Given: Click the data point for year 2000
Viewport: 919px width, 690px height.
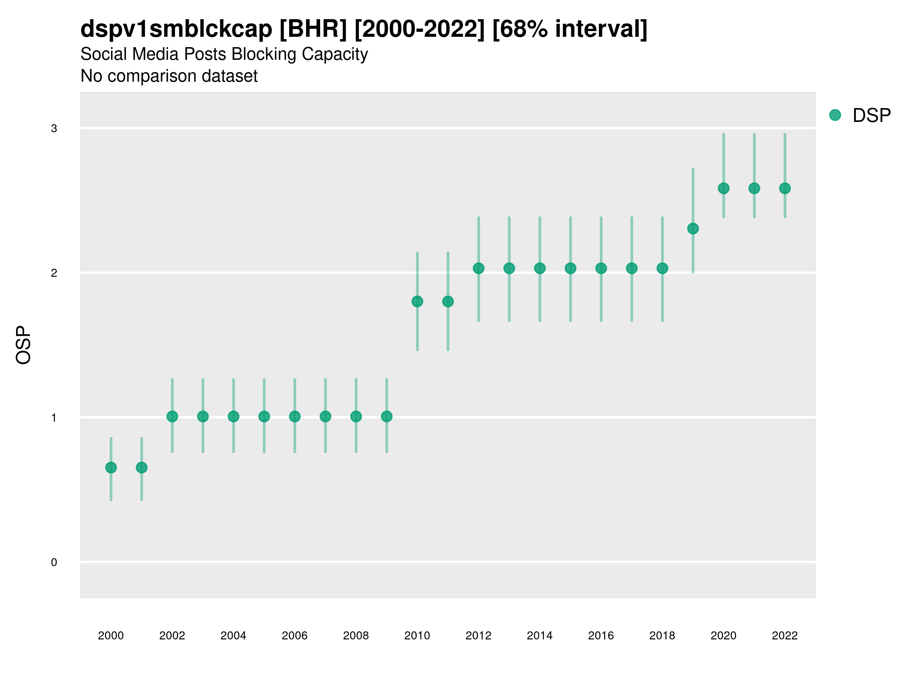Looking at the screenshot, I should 111,468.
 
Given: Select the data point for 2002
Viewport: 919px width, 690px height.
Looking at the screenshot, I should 172,416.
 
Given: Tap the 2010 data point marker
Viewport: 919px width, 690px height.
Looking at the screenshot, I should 417,302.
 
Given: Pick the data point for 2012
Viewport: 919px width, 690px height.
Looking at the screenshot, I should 479,268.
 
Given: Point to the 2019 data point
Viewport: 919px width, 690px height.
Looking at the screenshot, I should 693,228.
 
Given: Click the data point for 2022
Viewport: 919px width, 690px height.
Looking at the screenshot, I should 785,189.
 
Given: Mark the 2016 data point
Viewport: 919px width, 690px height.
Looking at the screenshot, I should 601,268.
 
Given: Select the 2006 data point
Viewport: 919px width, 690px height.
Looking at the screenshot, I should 294,416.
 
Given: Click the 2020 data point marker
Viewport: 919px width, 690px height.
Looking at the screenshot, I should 724,189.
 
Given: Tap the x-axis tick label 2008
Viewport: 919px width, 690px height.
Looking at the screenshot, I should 356,636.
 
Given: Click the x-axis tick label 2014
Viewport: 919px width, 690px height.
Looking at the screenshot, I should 540,636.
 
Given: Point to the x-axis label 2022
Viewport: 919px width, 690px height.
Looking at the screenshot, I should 785,636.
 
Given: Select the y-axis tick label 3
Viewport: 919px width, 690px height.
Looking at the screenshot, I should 54,128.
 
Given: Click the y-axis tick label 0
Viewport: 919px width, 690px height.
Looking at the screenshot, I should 54,562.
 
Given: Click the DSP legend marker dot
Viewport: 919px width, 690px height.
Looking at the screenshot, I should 835,115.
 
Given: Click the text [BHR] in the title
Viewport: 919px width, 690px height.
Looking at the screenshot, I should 313,29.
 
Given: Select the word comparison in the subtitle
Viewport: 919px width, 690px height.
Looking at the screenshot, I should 162,76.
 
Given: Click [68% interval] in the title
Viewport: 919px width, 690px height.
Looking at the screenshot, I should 570,29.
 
